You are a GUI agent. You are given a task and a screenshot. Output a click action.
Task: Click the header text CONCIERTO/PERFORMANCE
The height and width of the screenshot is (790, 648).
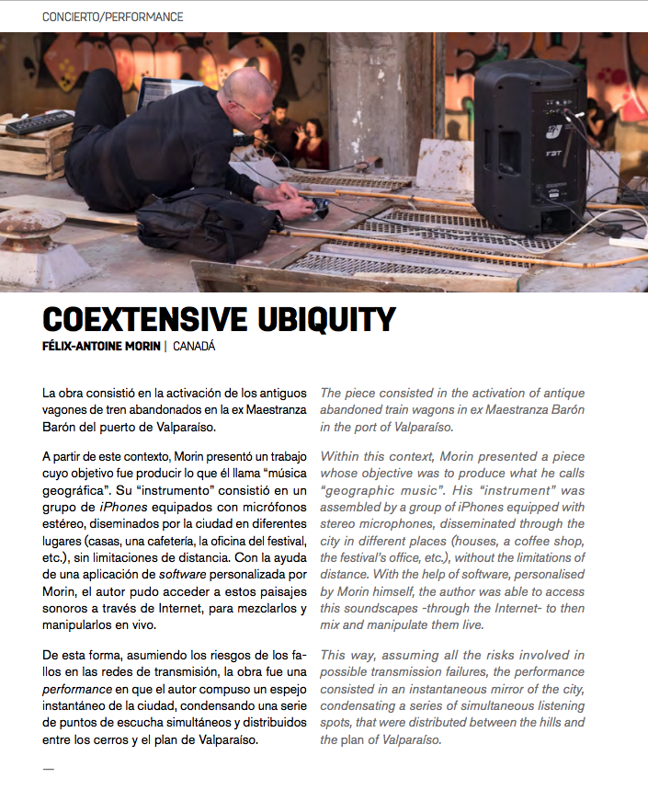point(113,17)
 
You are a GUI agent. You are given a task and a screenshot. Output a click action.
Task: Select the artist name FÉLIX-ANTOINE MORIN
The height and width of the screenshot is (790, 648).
point(101,347)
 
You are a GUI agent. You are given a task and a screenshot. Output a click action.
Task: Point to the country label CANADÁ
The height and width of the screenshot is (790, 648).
point(194,347)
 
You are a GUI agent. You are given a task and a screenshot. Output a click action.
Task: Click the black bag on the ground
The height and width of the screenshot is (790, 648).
point(199,223)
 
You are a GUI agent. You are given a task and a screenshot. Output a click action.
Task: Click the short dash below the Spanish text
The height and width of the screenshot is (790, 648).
point(49,768)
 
